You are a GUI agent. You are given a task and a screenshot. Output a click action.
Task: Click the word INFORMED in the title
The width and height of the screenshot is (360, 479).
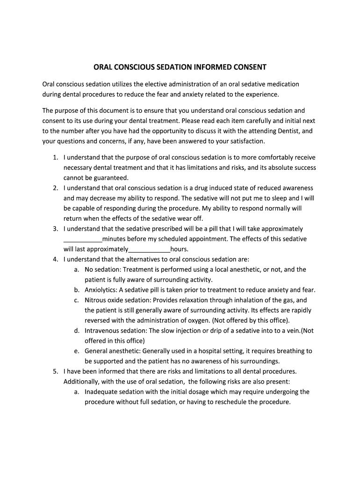(209, 67)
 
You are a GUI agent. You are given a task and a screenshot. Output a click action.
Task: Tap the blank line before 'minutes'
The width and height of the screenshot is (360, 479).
(82, 239)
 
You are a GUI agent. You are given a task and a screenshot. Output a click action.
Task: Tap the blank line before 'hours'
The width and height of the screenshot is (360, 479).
(149, 249)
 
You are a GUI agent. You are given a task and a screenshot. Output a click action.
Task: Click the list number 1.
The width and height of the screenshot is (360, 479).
(55, 158)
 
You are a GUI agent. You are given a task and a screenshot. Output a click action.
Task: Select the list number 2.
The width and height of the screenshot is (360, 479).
(55, 188)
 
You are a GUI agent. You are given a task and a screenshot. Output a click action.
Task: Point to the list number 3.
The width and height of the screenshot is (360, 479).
(55, 229)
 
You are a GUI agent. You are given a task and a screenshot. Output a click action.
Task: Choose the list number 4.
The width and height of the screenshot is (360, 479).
(55, 259)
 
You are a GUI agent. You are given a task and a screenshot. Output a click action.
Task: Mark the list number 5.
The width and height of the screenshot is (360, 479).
(55, 371)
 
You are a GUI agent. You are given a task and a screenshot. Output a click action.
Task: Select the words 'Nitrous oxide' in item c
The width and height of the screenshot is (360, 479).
(104, 300)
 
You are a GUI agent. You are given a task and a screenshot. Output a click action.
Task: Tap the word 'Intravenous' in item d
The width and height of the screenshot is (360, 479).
(102, 331)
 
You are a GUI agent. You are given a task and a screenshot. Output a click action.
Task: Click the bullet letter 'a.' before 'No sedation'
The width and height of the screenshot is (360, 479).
(76, 269)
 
